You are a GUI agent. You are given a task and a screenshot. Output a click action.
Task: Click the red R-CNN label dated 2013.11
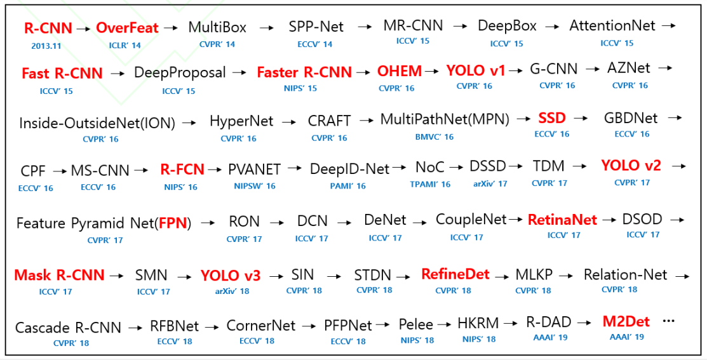48,29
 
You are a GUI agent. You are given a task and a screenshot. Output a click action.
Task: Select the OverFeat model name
127,29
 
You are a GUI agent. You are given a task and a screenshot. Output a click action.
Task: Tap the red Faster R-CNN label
304,72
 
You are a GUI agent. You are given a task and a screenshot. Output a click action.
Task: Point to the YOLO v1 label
476,70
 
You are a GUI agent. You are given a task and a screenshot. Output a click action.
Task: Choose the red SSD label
552,118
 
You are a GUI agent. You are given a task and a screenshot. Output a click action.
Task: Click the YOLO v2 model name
631,165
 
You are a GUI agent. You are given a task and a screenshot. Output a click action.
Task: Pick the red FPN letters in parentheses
173,223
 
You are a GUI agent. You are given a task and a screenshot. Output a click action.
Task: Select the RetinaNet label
562,220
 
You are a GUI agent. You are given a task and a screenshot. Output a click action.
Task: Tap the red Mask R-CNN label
59,275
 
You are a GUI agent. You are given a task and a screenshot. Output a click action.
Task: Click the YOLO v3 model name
231,276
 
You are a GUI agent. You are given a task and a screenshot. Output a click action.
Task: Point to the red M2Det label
626,322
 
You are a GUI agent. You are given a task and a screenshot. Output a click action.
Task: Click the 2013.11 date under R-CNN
46,46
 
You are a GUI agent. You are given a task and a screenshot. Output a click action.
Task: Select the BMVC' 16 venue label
434,137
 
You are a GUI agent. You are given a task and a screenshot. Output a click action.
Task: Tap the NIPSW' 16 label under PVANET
254,186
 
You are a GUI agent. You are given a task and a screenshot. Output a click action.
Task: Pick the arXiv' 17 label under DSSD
490,184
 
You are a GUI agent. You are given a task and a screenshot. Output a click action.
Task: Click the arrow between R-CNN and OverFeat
84,29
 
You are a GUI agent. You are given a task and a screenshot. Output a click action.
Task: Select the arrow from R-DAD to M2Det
584,323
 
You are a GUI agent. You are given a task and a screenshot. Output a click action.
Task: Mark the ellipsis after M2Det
669,321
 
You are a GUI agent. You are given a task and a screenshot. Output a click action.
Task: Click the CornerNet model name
261,326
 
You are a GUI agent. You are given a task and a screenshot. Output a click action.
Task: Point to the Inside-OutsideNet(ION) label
97,123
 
